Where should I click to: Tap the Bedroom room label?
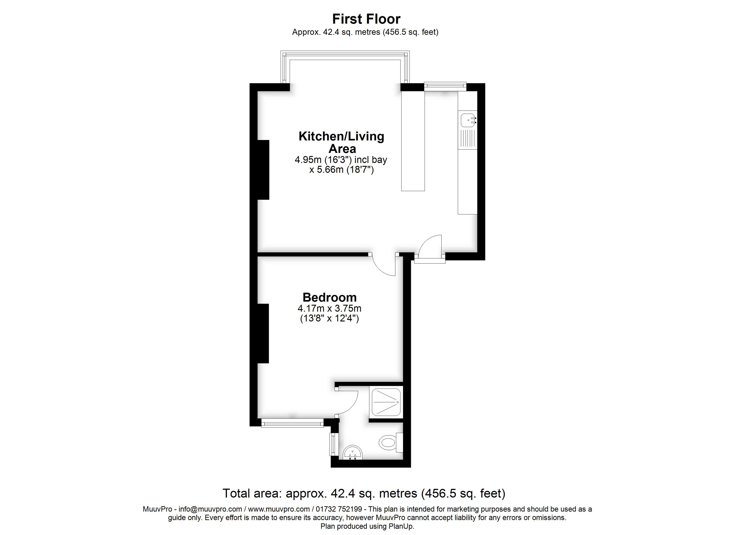[x=330, y=297]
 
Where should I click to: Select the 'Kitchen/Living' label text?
[x=341, y=136]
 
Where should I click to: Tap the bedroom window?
[x=292, y=423]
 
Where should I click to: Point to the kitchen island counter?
[x=413, y=141]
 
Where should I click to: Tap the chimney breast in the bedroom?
[x=263, y=333]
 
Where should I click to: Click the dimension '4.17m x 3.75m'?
[x=330, y=308]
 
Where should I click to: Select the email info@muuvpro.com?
[x=210, y=509]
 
